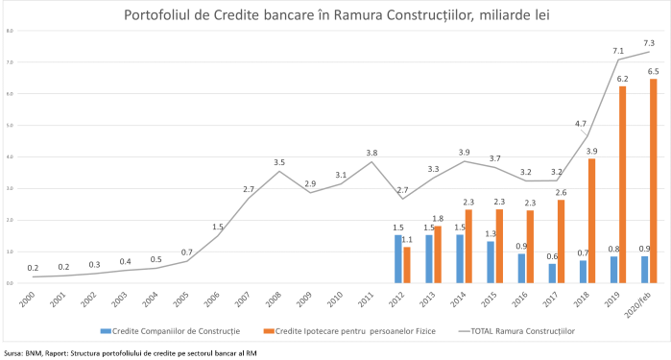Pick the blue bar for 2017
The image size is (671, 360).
pos(552,274)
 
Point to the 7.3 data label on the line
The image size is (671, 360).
pos(649,42)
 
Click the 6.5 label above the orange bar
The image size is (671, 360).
pos(654,71)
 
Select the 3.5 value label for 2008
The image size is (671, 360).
pos(279,162)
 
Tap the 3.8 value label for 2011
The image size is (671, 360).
pos(371,153)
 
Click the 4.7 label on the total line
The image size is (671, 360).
pos(580,124)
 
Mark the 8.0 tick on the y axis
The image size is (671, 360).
pos(9,31)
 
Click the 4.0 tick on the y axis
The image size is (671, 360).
pos(9,157)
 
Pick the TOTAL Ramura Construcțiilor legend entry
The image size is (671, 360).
pos(499,328)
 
